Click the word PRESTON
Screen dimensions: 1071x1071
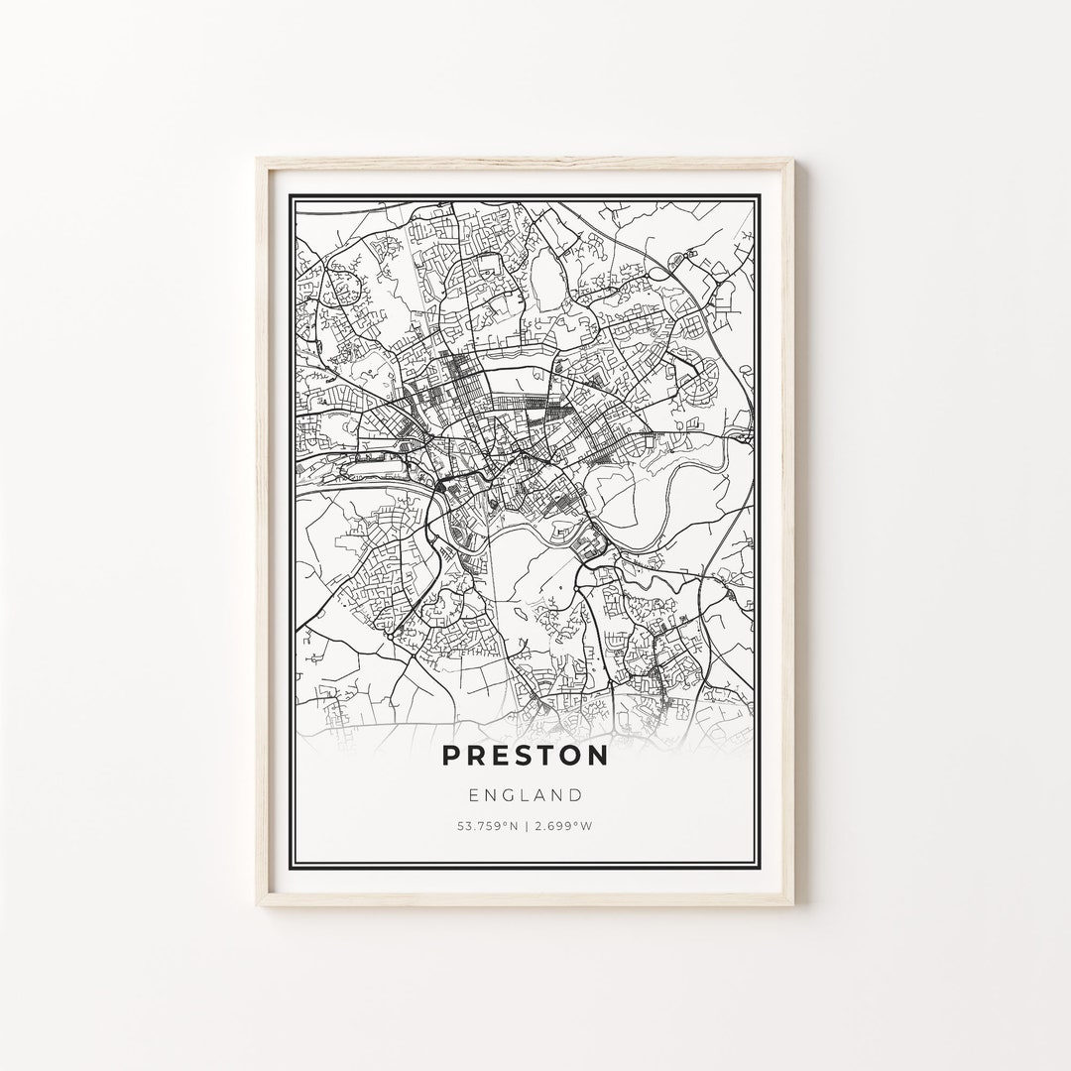[x=526, y=756]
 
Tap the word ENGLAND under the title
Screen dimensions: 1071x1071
[x=526, y=794]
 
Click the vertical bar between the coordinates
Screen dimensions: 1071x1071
[x=527, y=826]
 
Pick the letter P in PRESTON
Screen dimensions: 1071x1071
[x=451, y=756]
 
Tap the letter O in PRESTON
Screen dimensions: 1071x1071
[x=568, y=756]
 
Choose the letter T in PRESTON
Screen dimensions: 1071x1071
[x=542, y=756]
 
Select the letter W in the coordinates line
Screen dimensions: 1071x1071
[x=587, y=826]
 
